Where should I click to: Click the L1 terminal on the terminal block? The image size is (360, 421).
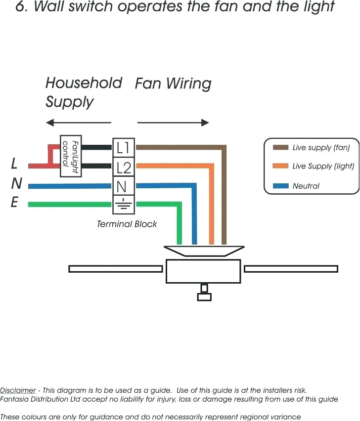point(123,147)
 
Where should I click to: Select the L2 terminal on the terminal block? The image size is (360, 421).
point(123,168)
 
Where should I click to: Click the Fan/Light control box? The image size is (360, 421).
point(70,156)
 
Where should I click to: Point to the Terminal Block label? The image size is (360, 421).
point(127,224)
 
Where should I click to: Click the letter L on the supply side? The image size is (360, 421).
point(14,164)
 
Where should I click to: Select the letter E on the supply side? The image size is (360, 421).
point(15,203)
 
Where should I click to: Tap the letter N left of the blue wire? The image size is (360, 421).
point(16,183)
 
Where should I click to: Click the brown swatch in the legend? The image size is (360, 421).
point(280,147)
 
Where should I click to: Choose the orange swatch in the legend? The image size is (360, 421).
point(280,166)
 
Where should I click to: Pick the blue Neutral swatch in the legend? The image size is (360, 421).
point(280,186)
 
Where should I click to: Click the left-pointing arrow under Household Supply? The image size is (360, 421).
point(78,123)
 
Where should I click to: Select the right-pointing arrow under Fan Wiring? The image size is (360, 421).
point(173,123)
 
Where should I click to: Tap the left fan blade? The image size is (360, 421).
point(115,269)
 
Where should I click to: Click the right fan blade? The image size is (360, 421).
point(291,269)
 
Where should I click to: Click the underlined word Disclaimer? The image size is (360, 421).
point(18,390)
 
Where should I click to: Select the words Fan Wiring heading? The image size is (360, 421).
point(173,84)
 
